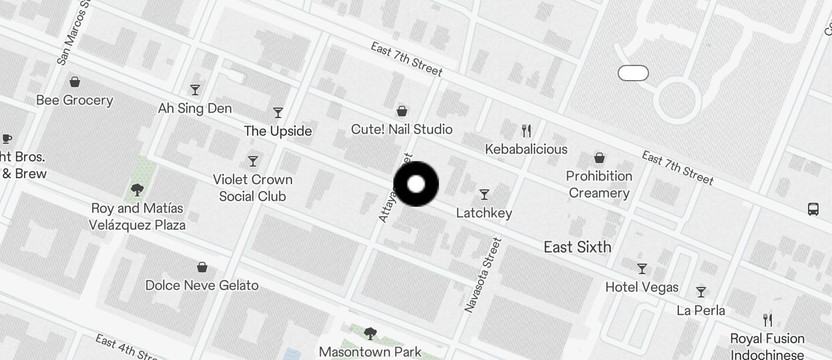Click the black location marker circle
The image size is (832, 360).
[416, 184]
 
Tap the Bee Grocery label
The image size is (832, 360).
[74, 100]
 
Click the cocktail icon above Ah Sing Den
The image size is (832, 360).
[195, 90]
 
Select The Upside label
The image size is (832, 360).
[278, 131]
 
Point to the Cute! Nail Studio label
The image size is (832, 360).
[402, 129]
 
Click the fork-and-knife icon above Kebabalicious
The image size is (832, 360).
[526, 130]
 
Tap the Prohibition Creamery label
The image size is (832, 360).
[599, 184]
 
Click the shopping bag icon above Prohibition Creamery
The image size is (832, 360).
[599, 158]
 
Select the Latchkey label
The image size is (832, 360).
[484, 213]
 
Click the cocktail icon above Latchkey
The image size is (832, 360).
[484, 194]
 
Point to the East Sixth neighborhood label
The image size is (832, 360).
[577, 247]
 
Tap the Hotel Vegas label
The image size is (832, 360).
[642, 287]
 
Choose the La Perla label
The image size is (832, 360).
[701, 310]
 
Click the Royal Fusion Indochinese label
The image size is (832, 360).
[767, 346]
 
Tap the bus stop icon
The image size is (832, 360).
[813, 209]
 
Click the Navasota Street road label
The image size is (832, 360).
[483, 274]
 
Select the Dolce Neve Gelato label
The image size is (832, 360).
[202, 285]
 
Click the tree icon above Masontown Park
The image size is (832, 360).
[370, 333]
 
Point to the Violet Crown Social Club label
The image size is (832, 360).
[252, 188]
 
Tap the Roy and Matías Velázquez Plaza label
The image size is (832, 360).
[137, 216]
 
